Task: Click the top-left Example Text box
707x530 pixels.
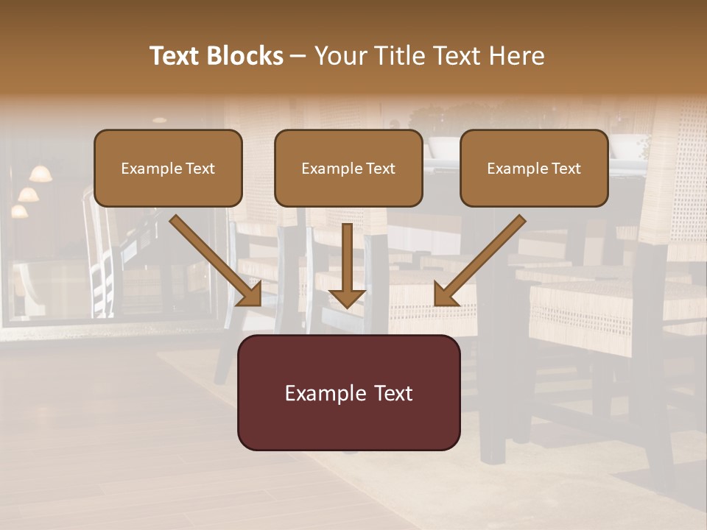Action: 168,168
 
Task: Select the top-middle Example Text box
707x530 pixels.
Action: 348,168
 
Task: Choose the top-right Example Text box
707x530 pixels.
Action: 534,168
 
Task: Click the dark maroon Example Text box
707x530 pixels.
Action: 348,393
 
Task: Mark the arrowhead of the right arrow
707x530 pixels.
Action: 446,294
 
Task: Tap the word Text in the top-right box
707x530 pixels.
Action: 566,168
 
